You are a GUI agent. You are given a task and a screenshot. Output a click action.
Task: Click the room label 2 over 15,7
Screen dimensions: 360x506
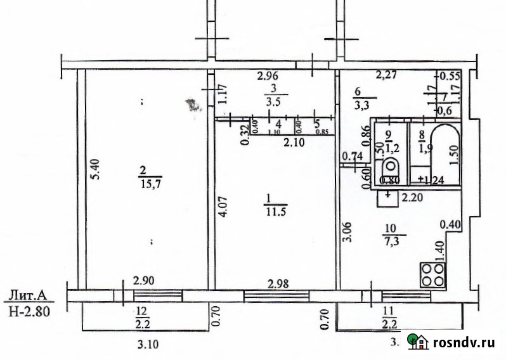point(150,177)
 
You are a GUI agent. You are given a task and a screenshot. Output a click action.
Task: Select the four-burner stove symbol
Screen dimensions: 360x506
point(434,274)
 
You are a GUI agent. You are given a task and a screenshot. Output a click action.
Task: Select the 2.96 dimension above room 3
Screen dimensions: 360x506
point(268,77)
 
